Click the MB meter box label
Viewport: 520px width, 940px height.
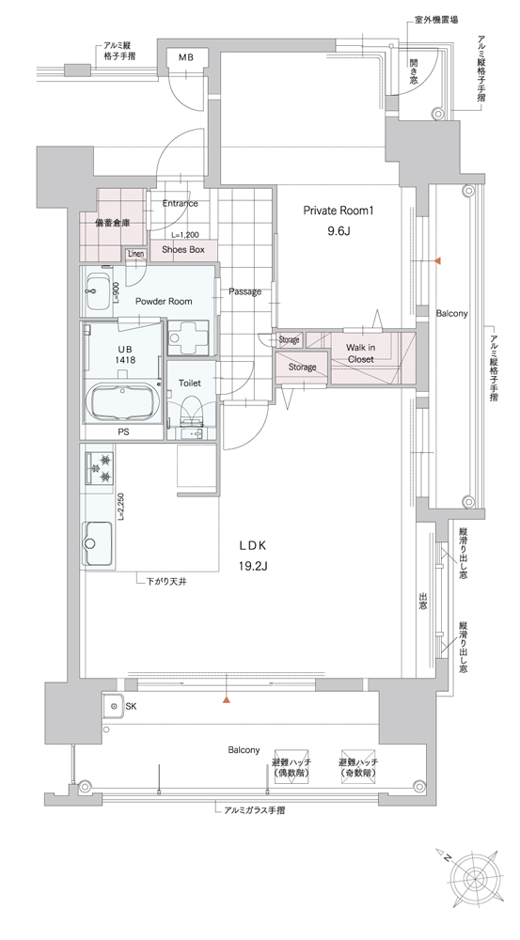185,57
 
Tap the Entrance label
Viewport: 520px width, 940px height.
180,203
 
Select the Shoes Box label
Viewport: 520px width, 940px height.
182,249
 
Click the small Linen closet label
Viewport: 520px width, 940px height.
136,254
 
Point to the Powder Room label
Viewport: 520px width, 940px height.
163,301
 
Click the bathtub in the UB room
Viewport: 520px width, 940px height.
123,403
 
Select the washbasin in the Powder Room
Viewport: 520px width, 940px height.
97,292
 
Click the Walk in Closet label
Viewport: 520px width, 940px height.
360,353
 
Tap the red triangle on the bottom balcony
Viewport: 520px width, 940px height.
226,699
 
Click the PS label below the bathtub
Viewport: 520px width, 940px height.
124,431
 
